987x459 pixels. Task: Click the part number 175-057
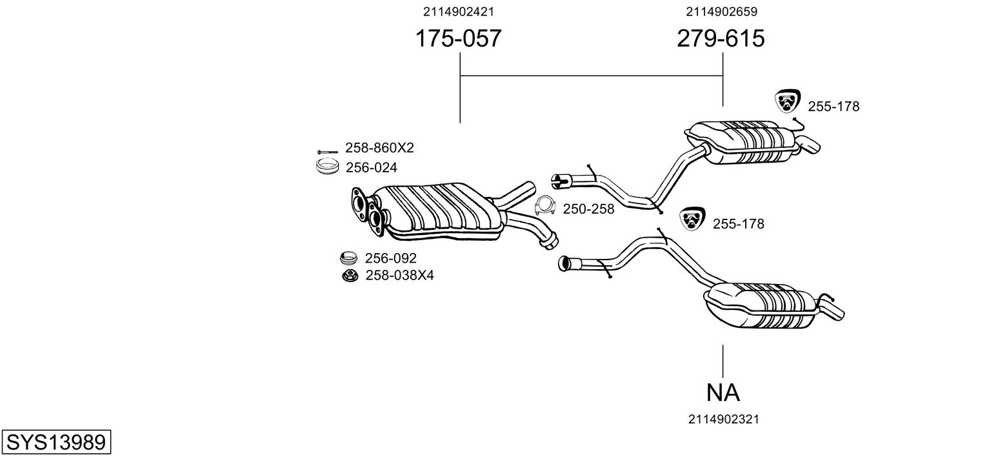tap(458, 38)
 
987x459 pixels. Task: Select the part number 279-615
tap(721, 38)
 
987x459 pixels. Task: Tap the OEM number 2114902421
tap(458, 12)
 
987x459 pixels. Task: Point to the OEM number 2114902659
tap(721, 12)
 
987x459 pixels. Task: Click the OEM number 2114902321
tap(724, 419)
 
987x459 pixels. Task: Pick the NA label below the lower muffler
tap(723, 393)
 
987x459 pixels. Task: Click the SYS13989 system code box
tap(56, 442)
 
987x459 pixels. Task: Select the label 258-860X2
tap(379, 148)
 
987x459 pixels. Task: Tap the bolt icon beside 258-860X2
tap(327, 152)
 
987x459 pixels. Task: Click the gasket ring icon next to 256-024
tap(327, 167)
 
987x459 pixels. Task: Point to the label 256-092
tap(390, 258)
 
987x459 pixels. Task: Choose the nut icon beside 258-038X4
tap(350, 276)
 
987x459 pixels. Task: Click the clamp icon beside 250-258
tap(545, 206)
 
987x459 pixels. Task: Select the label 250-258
tap(588, 209)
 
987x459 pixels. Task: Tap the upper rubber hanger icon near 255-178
tap(788, 101)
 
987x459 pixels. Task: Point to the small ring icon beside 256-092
tap(348, 258)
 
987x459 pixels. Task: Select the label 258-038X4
tap(400, 276)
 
